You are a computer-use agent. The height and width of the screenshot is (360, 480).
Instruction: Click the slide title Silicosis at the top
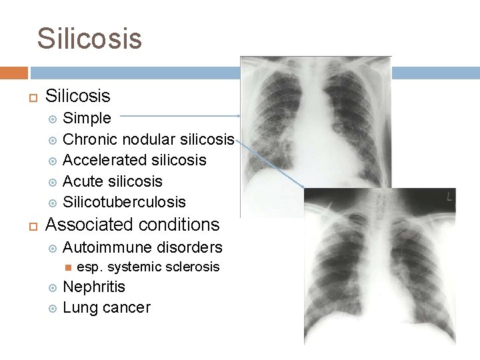89,38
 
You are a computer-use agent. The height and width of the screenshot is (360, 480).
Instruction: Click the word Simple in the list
87,119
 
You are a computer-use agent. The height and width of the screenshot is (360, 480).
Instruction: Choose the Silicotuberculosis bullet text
124,202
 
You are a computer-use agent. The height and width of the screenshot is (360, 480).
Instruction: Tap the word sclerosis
191,267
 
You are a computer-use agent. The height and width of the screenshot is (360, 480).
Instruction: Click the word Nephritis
93,287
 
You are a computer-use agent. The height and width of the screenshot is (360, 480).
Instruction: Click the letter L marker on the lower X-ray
449,197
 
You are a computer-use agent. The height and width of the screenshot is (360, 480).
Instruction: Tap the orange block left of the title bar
13,73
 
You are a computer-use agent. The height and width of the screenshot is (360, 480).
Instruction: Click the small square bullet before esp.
67,267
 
